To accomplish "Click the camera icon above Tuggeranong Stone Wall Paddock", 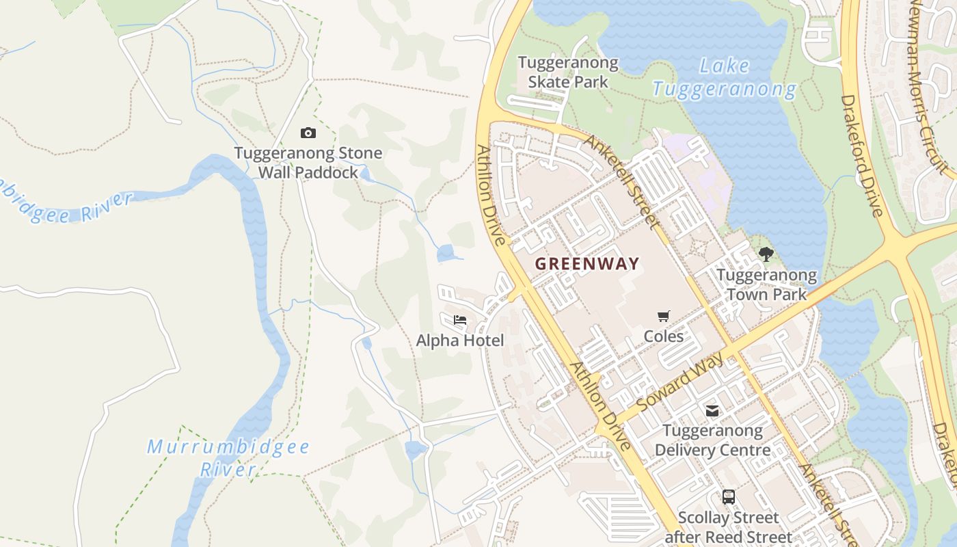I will click(308, 133).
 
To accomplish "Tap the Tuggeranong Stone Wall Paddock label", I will click(308, 163).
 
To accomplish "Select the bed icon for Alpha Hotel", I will click(460, 320).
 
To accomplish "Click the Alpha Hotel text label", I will click(460, 341).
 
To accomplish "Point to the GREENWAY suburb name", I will click(587, 264).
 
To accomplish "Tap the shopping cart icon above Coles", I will click(663, 316).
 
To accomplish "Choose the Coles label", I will click(663, 336).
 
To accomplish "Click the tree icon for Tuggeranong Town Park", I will click(766, 254).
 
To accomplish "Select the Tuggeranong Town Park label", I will click(766, 285).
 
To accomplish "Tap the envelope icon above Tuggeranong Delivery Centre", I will click(712, 410).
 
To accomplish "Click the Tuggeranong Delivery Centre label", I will click(712, 440).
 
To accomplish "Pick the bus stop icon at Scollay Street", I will click(729, 497).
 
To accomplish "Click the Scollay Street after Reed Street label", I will click(728, 527).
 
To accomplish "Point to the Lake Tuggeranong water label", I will click(725, 78).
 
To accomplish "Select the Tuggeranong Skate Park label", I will click(568, 72).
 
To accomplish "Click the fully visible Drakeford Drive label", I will click(861, 156).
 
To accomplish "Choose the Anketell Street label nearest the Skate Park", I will click(621, 181).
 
